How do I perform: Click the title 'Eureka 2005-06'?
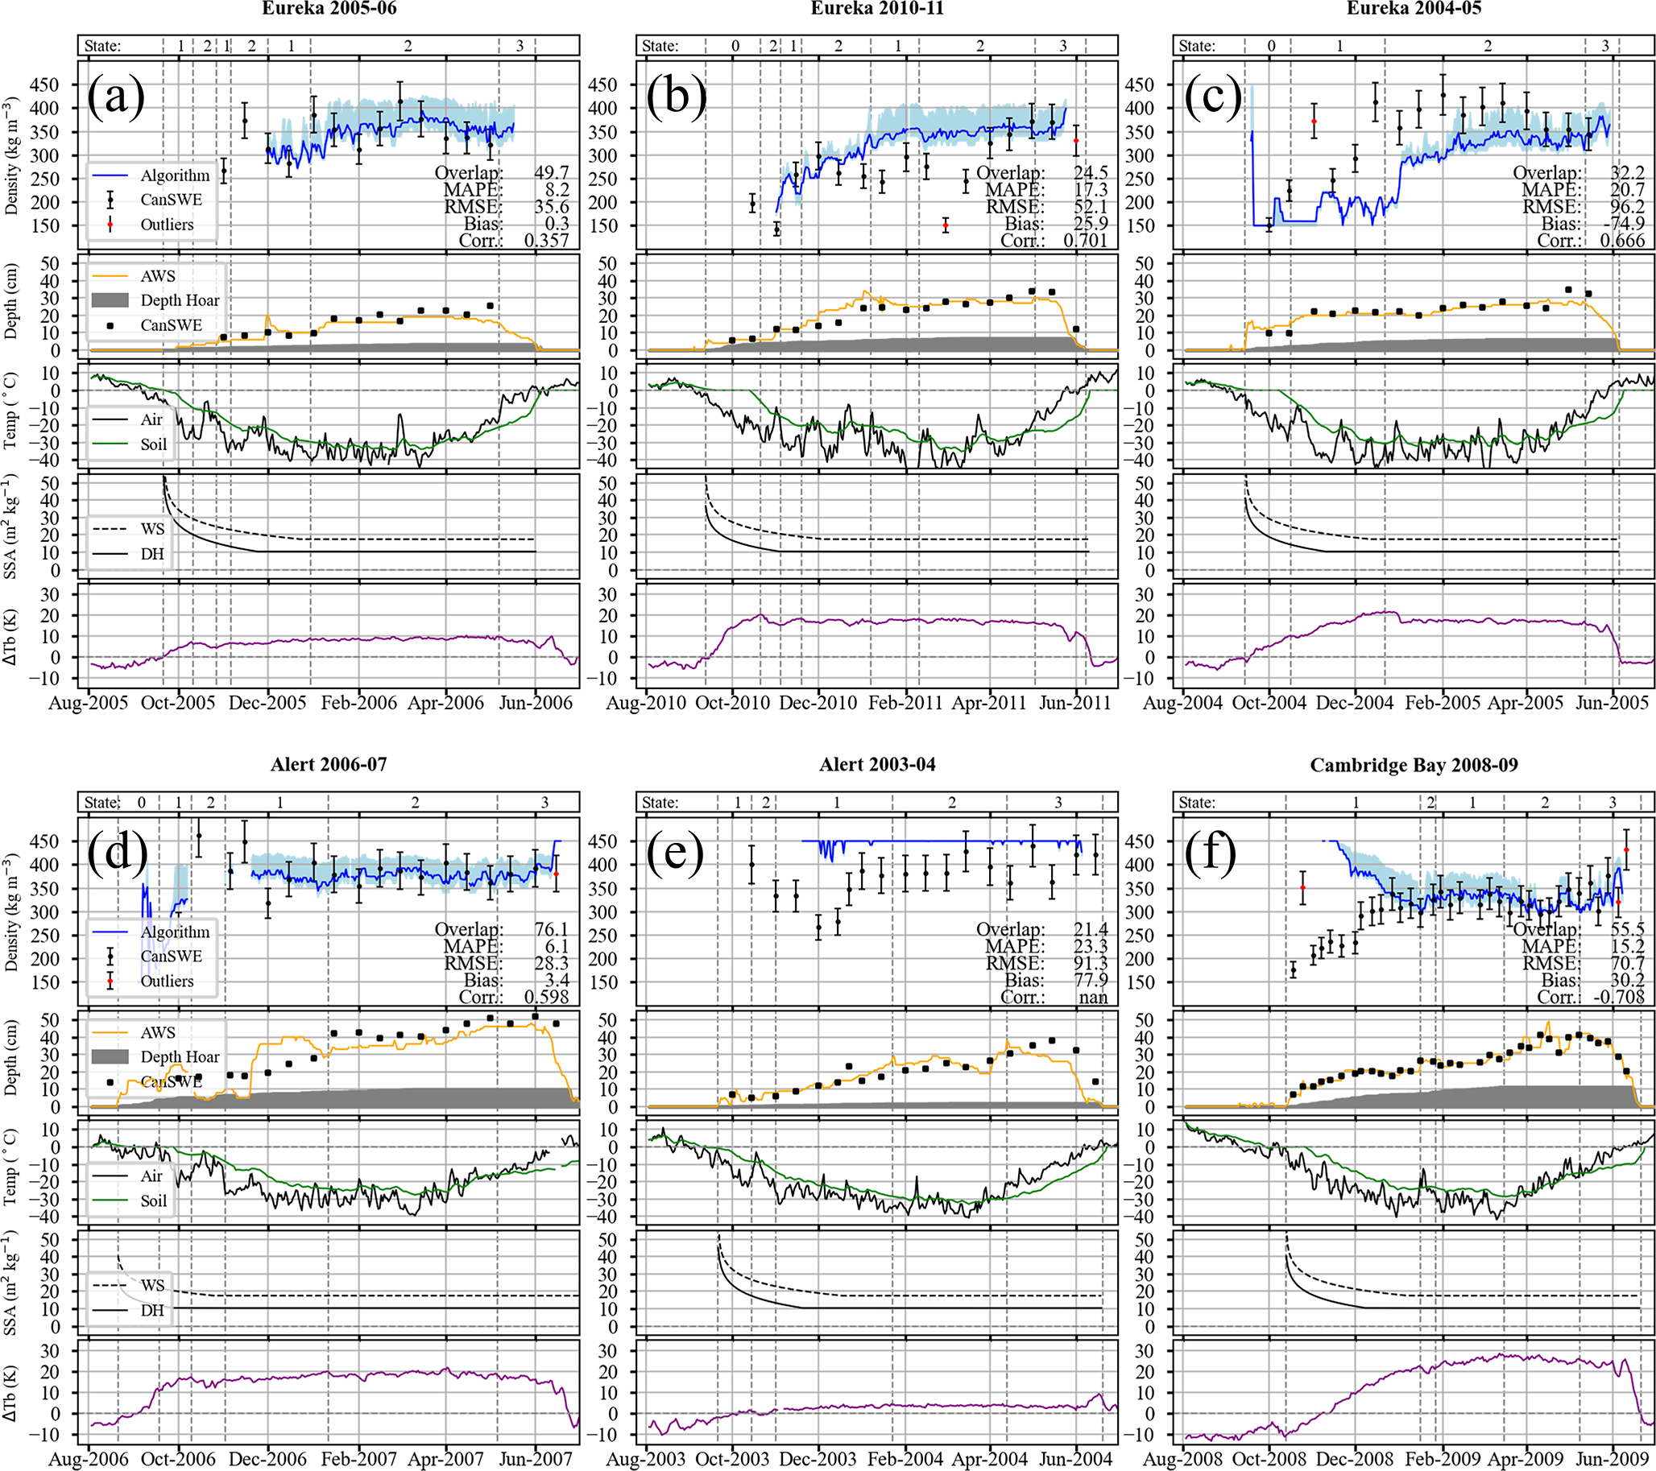click(329, 9)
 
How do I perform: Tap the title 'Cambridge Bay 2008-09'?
click(1414, 766)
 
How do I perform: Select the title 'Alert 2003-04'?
click(876, 766)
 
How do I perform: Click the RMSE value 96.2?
click(1627, 207)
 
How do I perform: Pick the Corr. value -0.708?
click(1617, 997)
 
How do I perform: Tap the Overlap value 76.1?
click(552, 929)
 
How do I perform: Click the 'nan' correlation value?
click(1093, 997)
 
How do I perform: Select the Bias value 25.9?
click(1090, 224)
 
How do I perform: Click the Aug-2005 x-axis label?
click(89, 703)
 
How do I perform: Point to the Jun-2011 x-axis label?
click(1074, 703)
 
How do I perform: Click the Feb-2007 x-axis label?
click(359, 1460)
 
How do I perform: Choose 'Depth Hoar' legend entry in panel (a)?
click(179, 300)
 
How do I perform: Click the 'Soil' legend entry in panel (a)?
click(153, 444)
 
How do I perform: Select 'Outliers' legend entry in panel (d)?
click(167, 981)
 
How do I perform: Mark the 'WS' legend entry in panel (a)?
click(152, 529)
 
